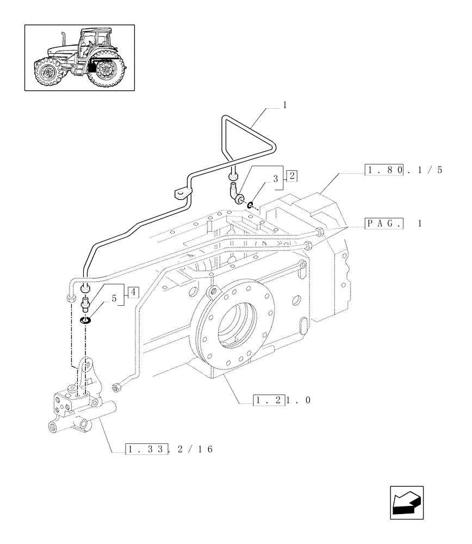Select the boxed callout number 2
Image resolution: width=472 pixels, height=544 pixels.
click(292, 176)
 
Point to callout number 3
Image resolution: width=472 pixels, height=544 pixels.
click(276, 178)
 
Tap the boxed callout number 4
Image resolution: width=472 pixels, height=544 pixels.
click(133, 292)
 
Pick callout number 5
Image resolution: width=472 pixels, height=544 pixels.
click(114, 298)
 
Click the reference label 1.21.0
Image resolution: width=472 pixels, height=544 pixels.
click(282, 401)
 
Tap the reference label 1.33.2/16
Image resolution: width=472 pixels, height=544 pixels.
click(168, 449)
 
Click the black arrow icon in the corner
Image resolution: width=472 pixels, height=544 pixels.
click(407, 502)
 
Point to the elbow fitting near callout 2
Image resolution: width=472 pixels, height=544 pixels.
click(234, 193)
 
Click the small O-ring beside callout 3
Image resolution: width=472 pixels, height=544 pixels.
click(250, 205)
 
